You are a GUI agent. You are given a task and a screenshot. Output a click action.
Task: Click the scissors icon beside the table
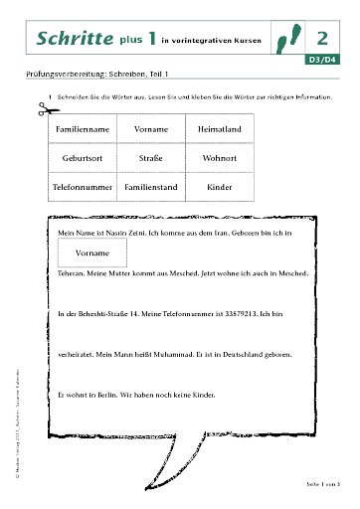[41, 111]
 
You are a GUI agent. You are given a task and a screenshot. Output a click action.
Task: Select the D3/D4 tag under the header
[320, 61]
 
